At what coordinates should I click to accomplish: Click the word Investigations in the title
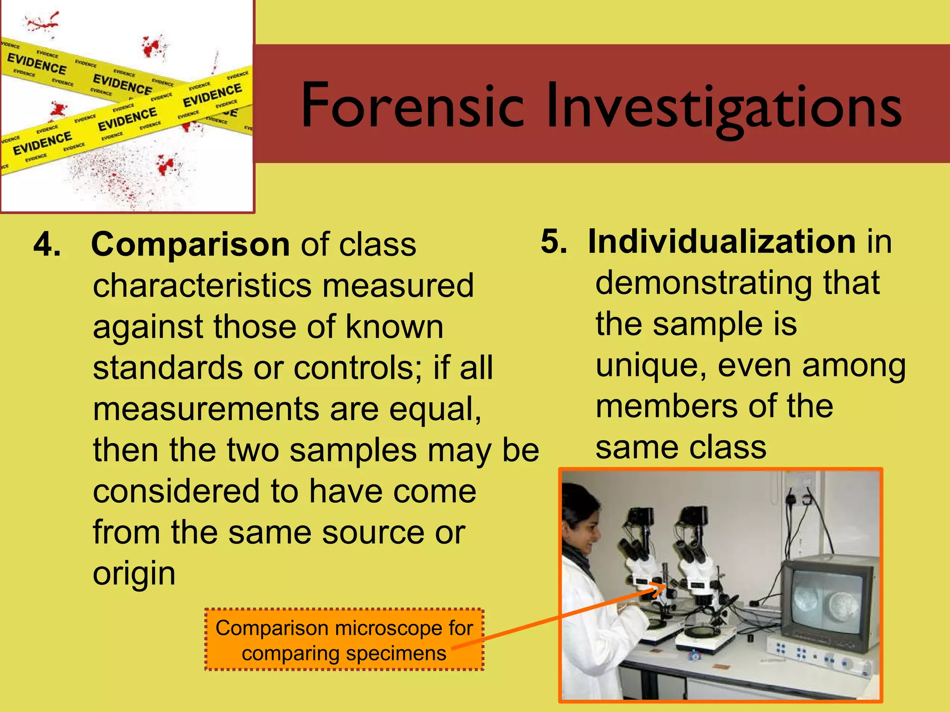pos(724,108)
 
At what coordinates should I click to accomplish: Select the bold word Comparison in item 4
pos(190,244)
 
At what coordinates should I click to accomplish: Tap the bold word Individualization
pos(721,242)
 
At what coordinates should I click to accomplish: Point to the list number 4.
pos(47,244)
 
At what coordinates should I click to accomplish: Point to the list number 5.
pos(554,242)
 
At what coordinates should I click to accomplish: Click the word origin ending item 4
pos(134,574)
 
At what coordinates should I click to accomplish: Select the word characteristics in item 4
pos(202,286)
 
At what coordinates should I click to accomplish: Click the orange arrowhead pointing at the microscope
pos(659,590)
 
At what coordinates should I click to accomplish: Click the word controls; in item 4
pos(358,368)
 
